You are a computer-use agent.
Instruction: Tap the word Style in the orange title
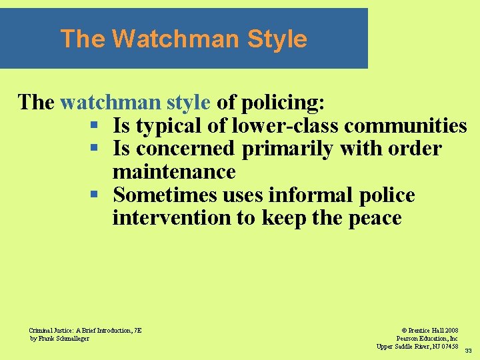pyautogui.click(x=277, y=39)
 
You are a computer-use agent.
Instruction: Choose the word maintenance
pyautogui.click(x=174, y=172)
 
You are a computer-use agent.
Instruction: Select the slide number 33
pyautogui.click(x=468, y=351)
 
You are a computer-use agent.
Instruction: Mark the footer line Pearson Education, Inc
pyautogui.click(x=427, y=338)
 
